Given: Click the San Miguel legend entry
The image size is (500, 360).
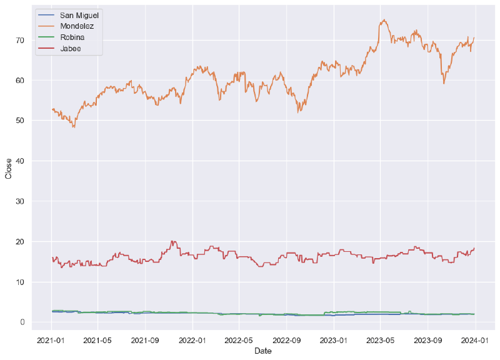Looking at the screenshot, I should click(79, 14).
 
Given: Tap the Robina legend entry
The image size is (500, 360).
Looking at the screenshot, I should click(73, 37).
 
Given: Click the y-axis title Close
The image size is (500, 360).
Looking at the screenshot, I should click(9, 168).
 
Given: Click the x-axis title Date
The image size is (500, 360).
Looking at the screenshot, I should click(262, 352).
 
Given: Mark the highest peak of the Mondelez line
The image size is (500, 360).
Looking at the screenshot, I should click(384, 20).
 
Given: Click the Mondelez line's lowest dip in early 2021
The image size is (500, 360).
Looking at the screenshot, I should click(74, 127).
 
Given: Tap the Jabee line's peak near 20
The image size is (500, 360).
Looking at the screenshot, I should click(172, 241).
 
